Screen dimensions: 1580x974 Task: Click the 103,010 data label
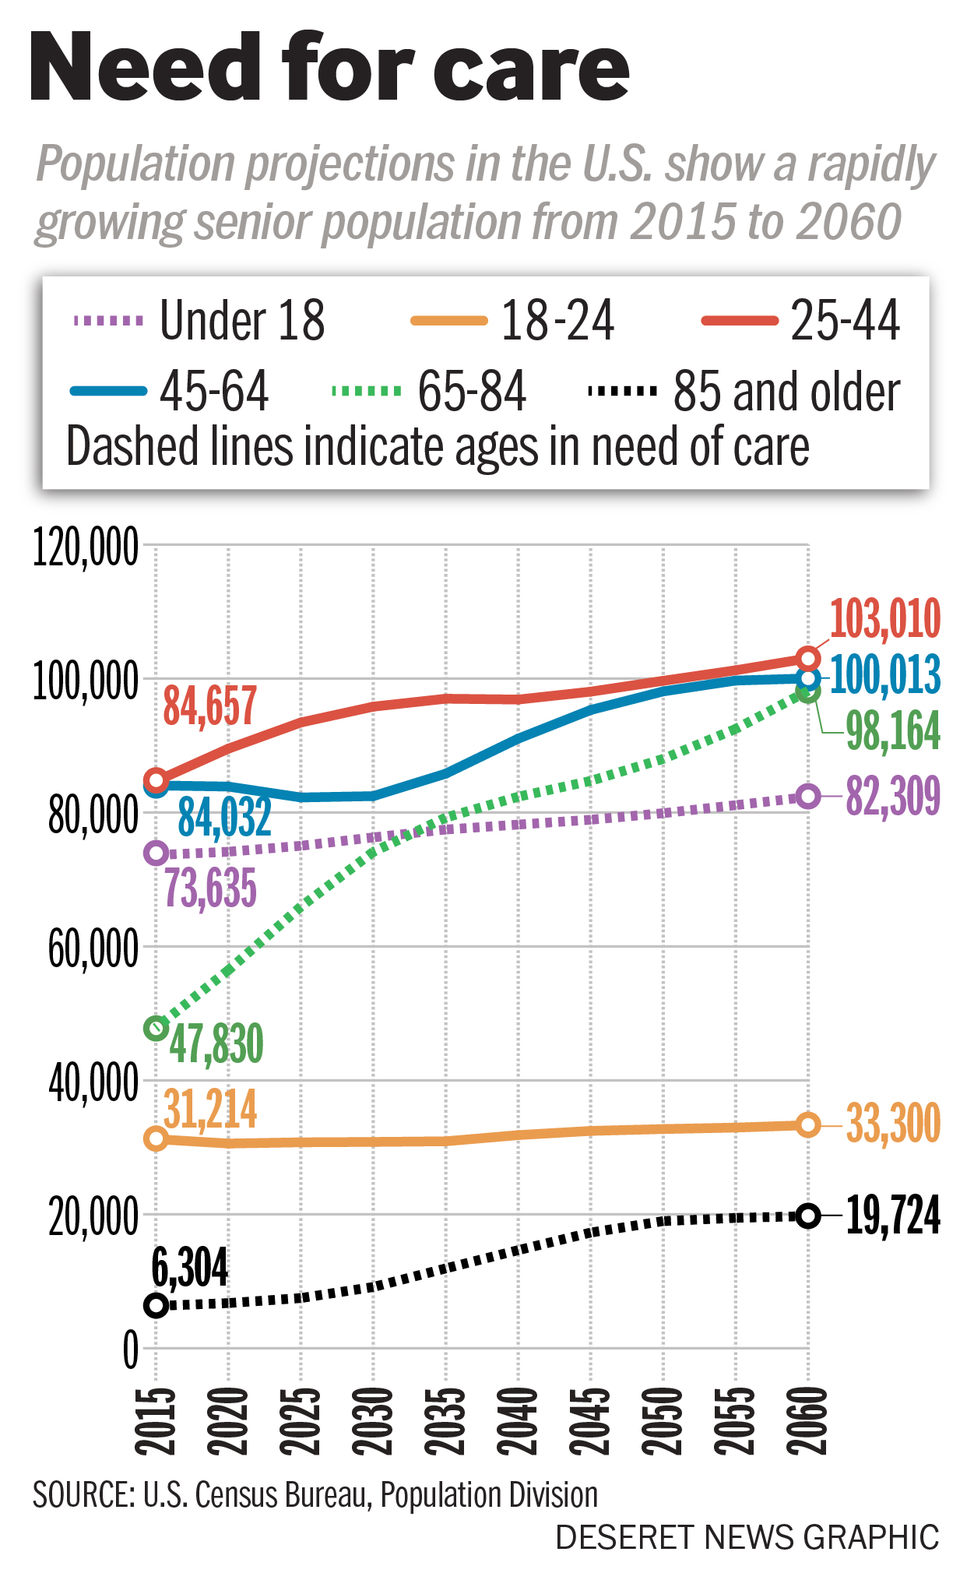click(x=885, y=619)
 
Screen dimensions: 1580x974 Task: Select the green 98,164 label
click(x=893, y=731)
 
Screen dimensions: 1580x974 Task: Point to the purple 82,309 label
click(x=893, y=796)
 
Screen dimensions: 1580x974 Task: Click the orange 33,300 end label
click(x=893, y=1124)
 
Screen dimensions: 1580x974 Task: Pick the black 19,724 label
click(x=893, y=1215)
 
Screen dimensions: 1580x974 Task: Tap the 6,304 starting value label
click(x=190, y=1269)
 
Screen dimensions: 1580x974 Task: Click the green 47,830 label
click(x=216, y=1044)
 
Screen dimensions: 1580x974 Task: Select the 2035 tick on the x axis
click(x=446, y=1420)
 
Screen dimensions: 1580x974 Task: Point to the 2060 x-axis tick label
click(x=808, y=1420)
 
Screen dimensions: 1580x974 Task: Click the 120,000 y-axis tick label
click(x=86, y=547)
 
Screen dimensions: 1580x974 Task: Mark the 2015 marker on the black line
click(x=156, y=1305)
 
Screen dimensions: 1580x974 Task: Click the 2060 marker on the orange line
click(x=808, y=1124)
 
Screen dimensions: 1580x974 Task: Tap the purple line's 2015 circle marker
click(x=156, y=853)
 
